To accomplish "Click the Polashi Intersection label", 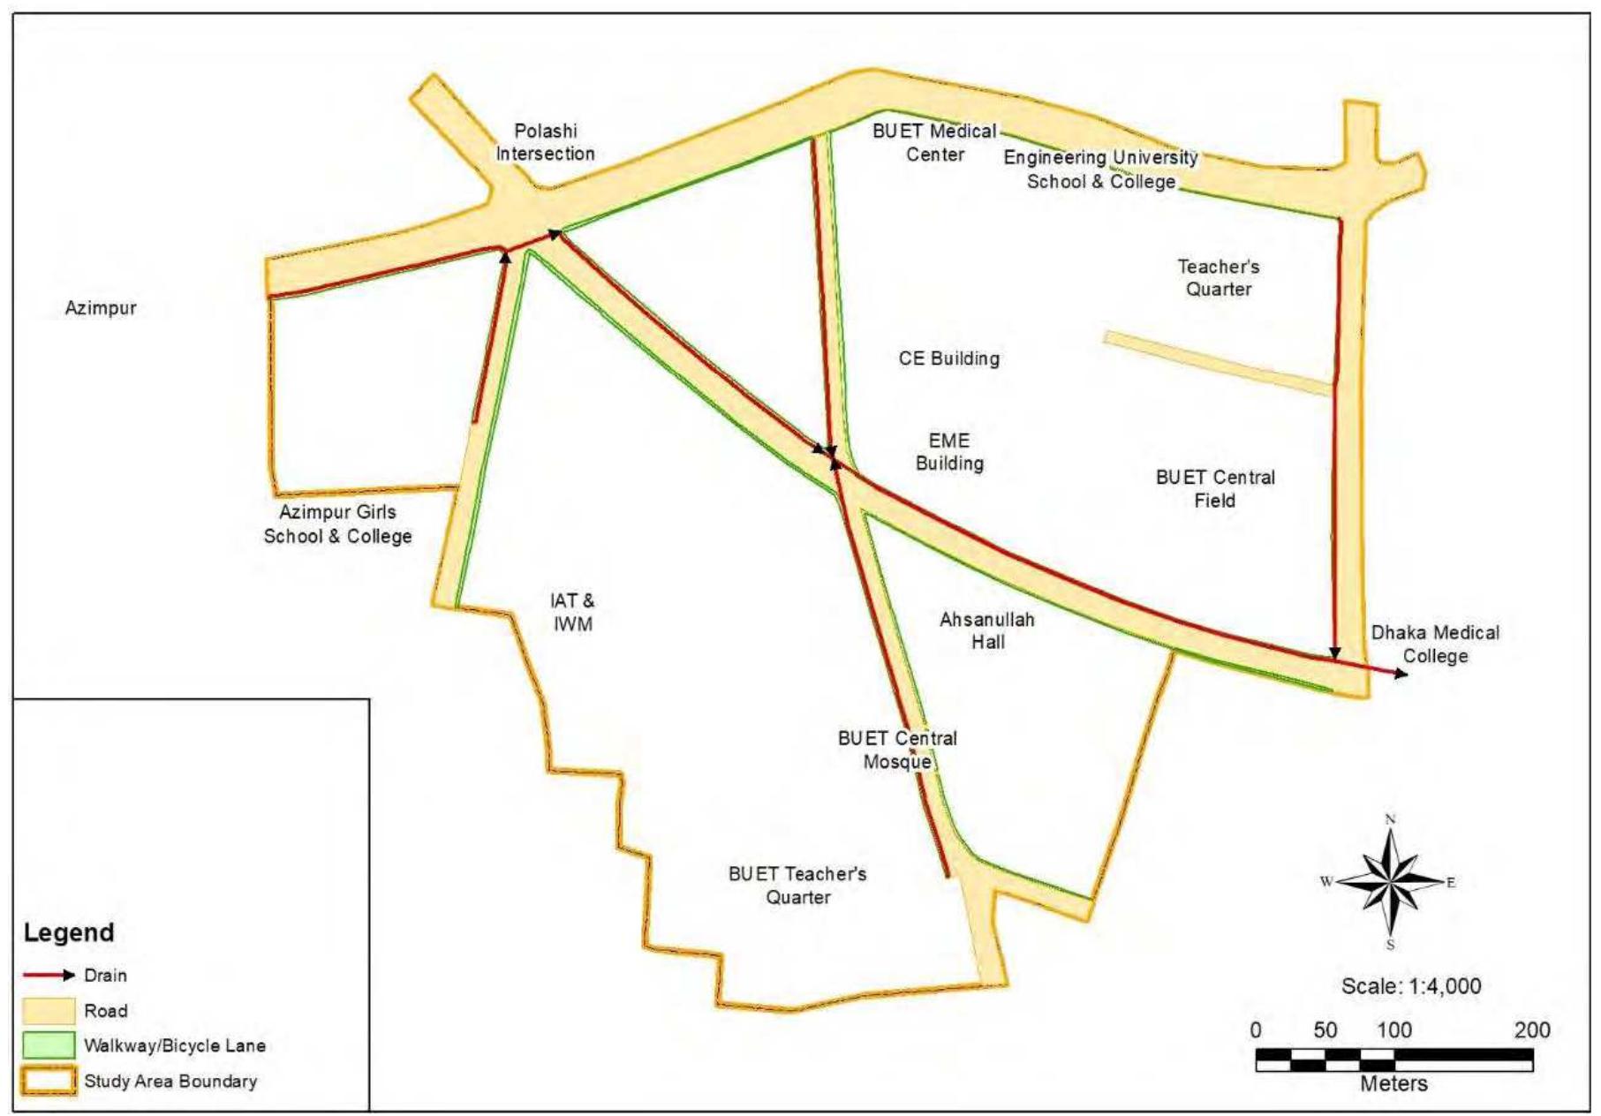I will point(545,142).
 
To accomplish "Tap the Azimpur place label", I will point(101,308).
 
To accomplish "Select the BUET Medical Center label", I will point(934,142).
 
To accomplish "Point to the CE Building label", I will point(949,358).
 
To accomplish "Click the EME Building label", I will point(949,451).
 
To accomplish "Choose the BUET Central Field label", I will point(1215,488).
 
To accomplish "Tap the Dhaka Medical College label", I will point(1435,644).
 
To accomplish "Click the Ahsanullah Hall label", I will point(987,630).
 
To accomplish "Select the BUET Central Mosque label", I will point(897,750).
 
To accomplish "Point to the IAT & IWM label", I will point(572,612).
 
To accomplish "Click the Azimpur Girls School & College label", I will point(337,524).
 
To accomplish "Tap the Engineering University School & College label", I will point(1101,169).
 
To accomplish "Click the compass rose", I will point(1390,882).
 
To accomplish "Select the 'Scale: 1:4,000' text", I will point(1410,985).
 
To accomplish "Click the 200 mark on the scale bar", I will point(1531,1029).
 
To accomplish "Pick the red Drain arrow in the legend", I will point(49,976).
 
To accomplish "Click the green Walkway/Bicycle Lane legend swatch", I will point(49,1045).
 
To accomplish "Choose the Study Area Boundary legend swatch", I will point(49,1081).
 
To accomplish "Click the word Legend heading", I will point(69,932).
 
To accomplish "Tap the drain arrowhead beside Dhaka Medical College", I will point(1401,674).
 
